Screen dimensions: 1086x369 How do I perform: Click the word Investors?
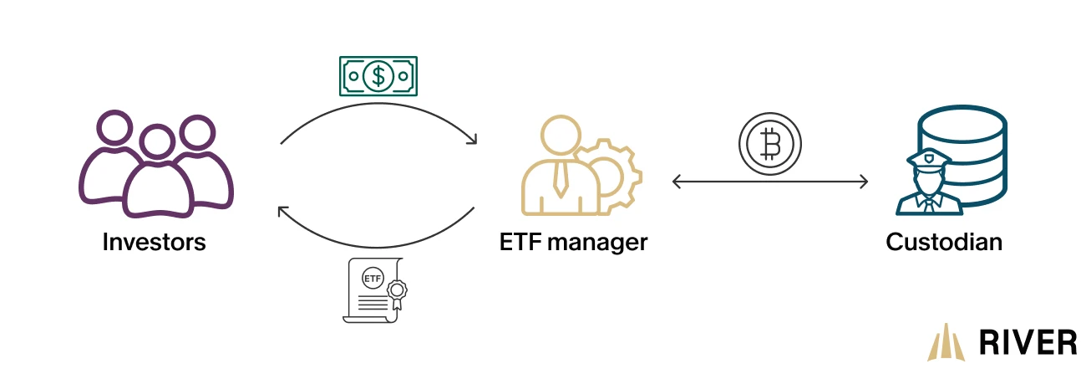pos(155,242)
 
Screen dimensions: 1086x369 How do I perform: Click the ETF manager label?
pos(574,243)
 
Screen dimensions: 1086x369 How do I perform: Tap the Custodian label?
pos(944,242)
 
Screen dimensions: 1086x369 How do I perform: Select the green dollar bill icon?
pos(378,76)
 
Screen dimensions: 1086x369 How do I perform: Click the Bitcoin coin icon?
pos(770,144)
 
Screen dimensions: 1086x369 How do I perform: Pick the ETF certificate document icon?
pos(375,290)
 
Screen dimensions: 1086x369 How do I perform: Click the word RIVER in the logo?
pos(1028,342)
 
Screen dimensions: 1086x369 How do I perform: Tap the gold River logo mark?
pos(946,342)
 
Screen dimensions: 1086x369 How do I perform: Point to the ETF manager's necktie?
pos(561,178)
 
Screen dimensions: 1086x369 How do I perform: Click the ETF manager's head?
pos(561,135)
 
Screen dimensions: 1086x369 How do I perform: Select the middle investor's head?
pos(157,141)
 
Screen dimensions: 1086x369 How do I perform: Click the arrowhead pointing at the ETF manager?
pos(472,138)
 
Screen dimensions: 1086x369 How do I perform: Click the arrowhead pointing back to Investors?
pos(282,212)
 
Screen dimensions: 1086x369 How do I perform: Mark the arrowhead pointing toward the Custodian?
pos(864,182)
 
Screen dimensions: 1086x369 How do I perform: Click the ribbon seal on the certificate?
pos(398,293)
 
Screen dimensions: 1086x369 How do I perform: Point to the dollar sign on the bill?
pos(378,76)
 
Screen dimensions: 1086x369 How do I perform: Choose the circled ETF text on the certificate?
pos(373,279)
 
